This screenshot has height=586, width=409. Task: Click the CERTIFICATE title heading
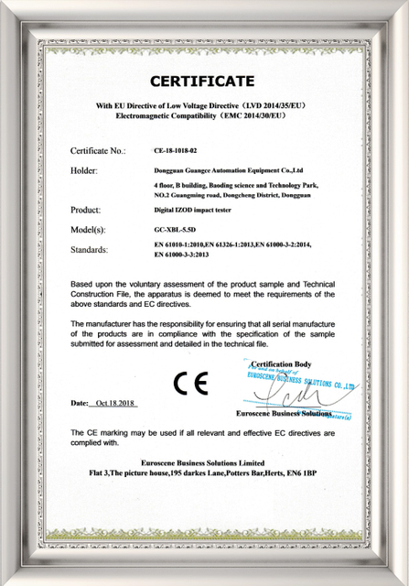pyautogui.click(x=202, y=81)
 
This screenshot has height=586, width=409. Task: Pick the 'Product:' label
pyautogui.click(x=89, y=211)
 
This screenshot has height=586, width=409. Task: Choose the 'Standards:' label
pyautogui.click(x=91, y=249)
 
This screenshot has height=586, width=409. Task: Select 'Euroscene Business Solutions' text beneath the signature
pyautogui.click(x=284, y=414)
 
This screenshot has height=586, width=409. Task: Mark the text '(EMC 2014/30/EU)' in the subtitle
pyautogui.click(x=250, y=118)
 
